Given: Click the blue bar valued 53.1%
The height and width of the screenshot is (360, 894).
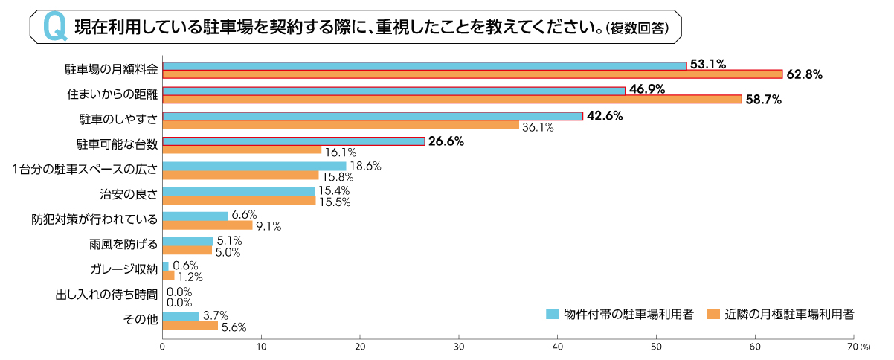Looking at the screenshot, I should coord(424,65).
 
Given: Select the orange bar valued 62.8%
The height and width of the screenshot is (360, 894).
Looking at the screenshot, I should coord(472,74).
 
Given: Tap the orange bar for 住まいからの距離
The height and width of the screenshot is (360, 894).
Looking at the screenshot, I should coord(452,99).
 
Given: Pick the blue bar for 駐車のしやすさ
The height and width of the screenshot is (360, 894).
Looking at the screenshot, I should coord(372,116).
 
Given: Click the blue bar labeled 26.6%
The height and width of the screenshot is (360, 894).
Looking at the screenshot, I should coord(293,141).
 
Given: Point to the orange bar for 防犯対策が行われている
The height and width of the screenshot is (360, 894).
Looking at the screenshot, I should coord(208,225).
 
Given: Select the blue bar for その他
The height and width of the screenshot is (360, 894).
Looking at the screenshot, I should coord(181,316).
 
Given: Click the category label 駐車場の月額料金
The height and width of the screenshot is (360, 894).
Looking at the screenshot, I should coord(111,70).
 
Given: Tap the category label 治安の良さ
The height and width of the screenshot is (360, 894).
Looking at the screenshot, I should coord(129,195).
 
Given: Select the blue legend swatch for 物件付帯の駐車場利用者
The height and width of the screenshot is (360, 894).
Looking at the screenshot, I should coord(552,314).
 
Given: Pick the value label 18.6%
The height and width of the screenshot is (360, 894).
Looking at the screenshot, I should coord(365,167).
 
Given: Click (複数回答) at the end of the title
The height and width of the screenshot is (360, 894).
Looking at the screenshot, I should coord(637,28).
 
